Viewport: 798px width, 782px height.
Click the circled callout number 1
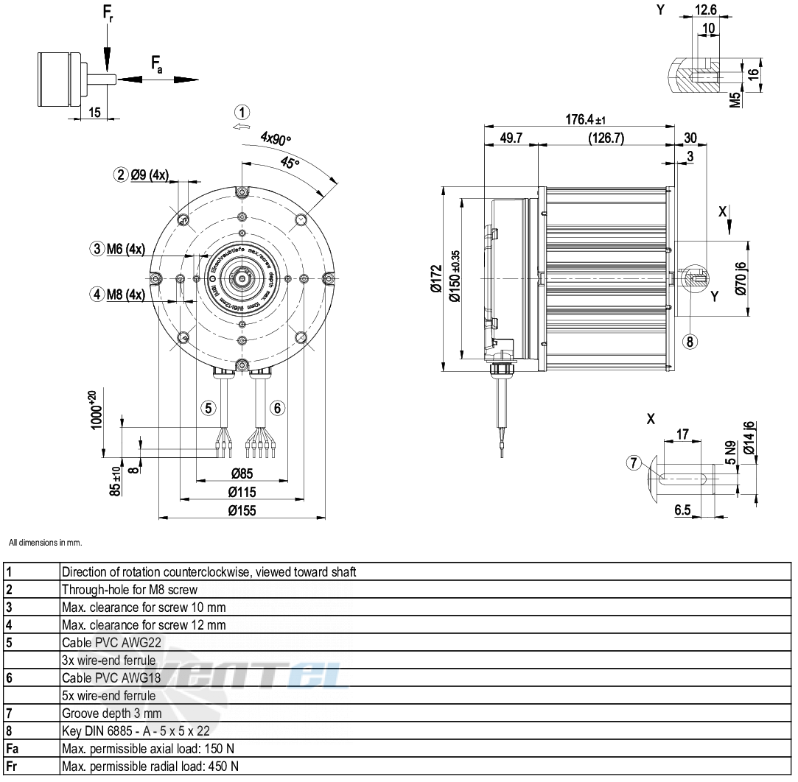(x=242, y=113)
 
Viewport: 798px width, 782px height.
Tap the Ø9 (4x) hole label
(x=150, y=175)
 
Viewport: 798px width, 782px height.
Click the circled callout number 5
(x=209, y=407)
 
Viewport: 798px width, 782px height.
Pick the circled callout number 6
(x=277, y=407)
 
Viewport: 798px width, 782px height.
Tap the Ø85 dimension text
(x=241, y=473)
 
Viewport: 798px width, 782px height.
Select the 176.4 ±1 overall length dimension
(x=587, y=120)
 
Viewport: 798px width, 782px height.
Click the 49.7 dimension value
(x=511, y=138)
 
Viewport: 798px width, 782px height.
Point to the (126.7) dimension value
(x=606, y=138)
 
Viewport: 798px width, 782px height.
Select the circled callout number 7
(x=634, y=463)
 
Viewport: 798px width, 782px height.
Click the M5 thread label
(x=735, y=100)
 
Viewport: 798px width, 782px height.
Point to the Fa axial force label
(x=157, y=65)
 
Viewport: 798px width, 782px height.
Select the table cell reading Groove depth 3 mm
(x=111, y=713)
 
